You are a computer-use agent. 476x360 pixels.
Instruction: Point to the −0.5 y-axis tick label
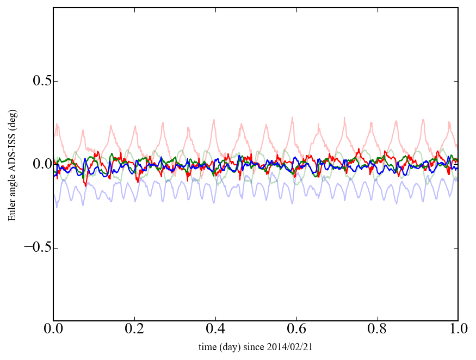coord(36,248)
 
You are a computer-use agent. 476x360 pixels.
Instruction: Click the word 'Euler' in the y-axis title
coord(12,212)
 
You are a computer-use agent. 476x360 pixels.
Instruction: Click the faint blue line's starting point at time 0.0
coord(54,194)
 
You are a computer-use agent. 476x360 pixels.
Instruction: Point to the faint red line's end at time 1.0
coord(458,146)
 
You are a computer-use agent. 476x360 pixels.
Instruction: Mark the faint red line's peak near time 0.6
coord(292,117)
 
